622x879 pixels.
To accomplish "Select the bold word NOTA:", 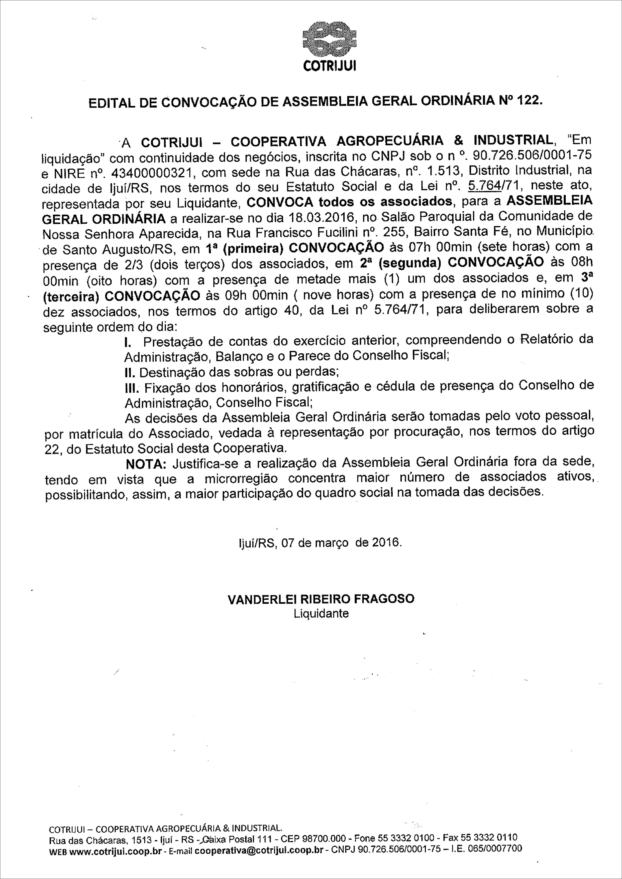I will pos(146,464).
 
